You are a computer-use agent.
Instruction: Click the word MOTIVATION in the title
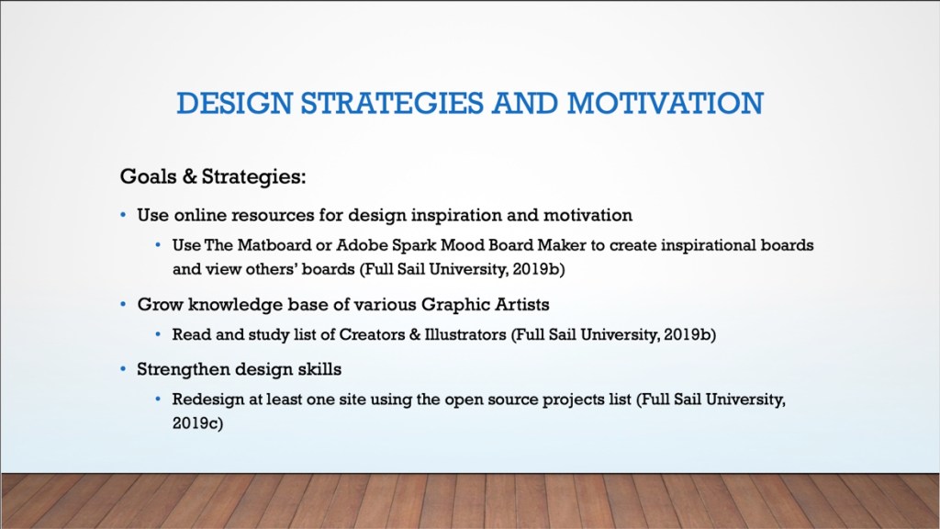[x=666, y=103]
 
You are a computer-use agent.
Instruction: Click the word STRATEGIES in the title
[x=391, y=103]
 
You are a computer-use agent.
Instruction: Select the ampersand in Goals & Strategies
[x=189, y=176]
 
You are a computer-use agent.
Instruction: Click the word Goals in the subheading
[x=148, y=176]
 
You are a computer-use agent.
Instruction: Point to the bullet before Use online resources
[x=124, y=214]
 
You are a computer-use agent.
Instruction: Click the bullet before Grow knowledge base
[x=124, y=304]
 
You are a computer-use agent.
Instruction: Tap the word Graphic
[x=455, y=305]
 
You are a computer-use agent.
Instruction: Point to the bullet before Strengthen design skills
[x=124, y=369]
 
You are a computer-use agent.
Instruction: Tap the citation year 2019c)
[x=198, y=423]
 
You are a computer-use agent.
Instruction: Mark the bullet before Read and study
[x=158, y=333]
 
